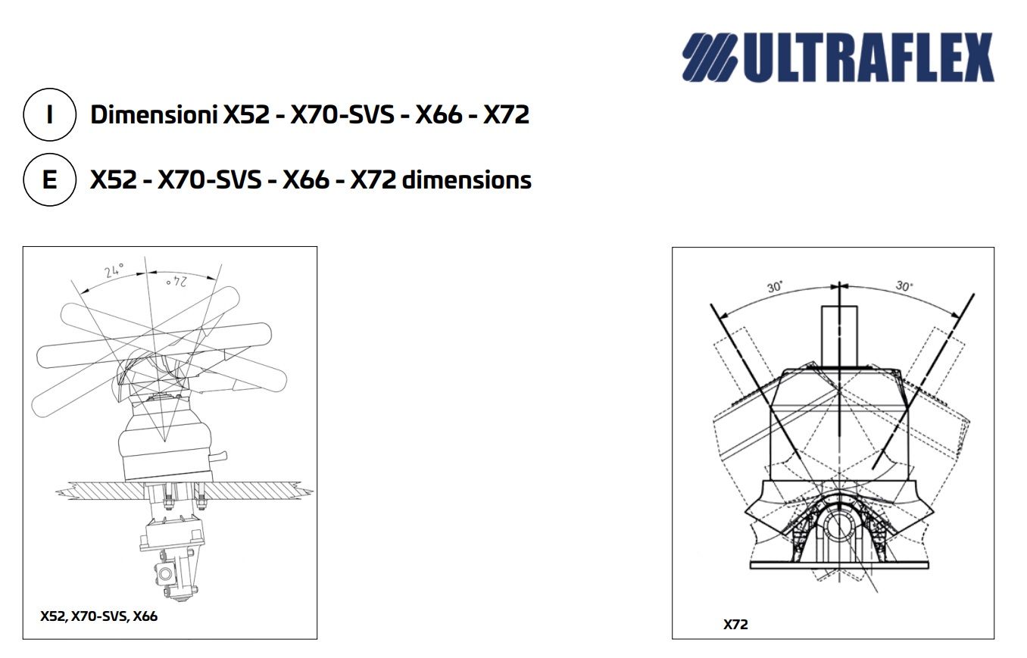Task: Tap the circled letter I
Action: [49, 114]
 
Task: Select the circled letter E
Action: [49, 179]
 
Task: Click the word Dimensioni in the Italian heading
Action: [154, 114]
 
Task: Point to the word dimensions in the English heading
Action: [467, 179]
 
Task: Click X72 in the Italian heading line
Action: [506, 114]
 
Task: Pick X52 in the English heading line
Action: [114, 179]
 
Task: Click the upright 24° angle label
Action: [114, 270]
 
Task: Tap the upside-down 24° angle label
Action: [176, 282]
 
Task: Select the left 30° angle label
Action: [774, 287]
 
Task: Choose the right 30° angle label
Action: [904, 286]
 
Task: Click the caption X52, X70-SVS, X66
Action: [99, 616]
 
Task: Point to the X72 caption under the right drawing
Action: [735, 625]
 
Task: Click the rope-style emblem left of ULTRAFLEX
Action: [709, 58]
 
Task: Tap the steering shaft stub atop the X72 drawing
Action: [839, 337]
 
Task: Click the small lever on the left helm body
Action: [219, 457]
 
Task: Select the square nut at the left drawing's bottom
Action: [164, 573]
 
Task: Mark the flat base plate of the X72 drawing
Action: [839, 565]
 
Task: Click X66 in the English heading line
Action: [305, 179]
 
